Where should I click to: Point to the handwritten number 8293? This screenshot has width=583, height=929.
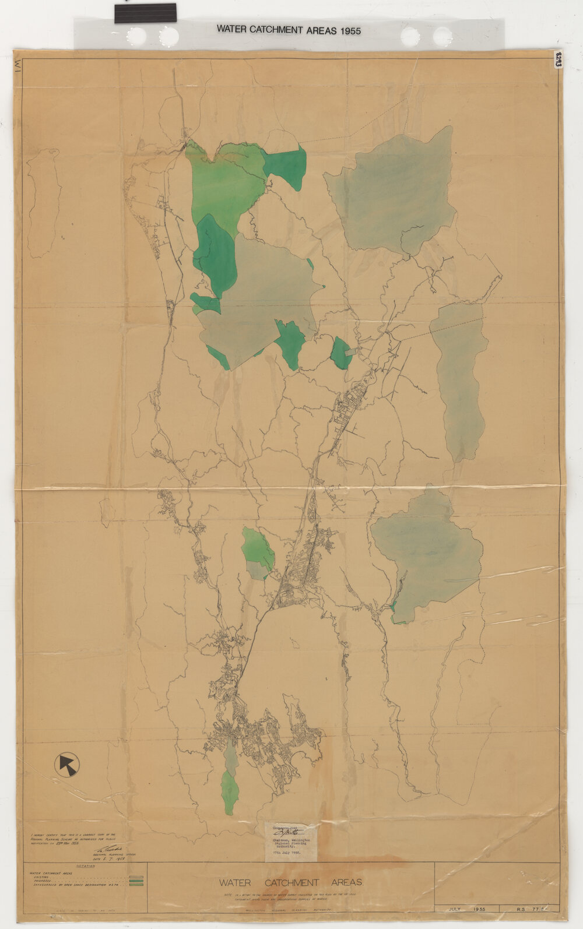558,59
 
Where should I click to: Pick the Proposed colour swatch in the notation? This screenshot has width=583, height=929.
136,881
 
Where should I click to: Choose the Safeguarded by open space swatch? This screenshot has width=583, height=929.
136,885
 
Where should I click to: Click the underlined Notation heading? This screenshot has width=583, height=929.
85,866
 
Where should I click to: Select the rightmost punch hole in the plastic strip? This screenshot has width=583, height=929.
442,36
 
